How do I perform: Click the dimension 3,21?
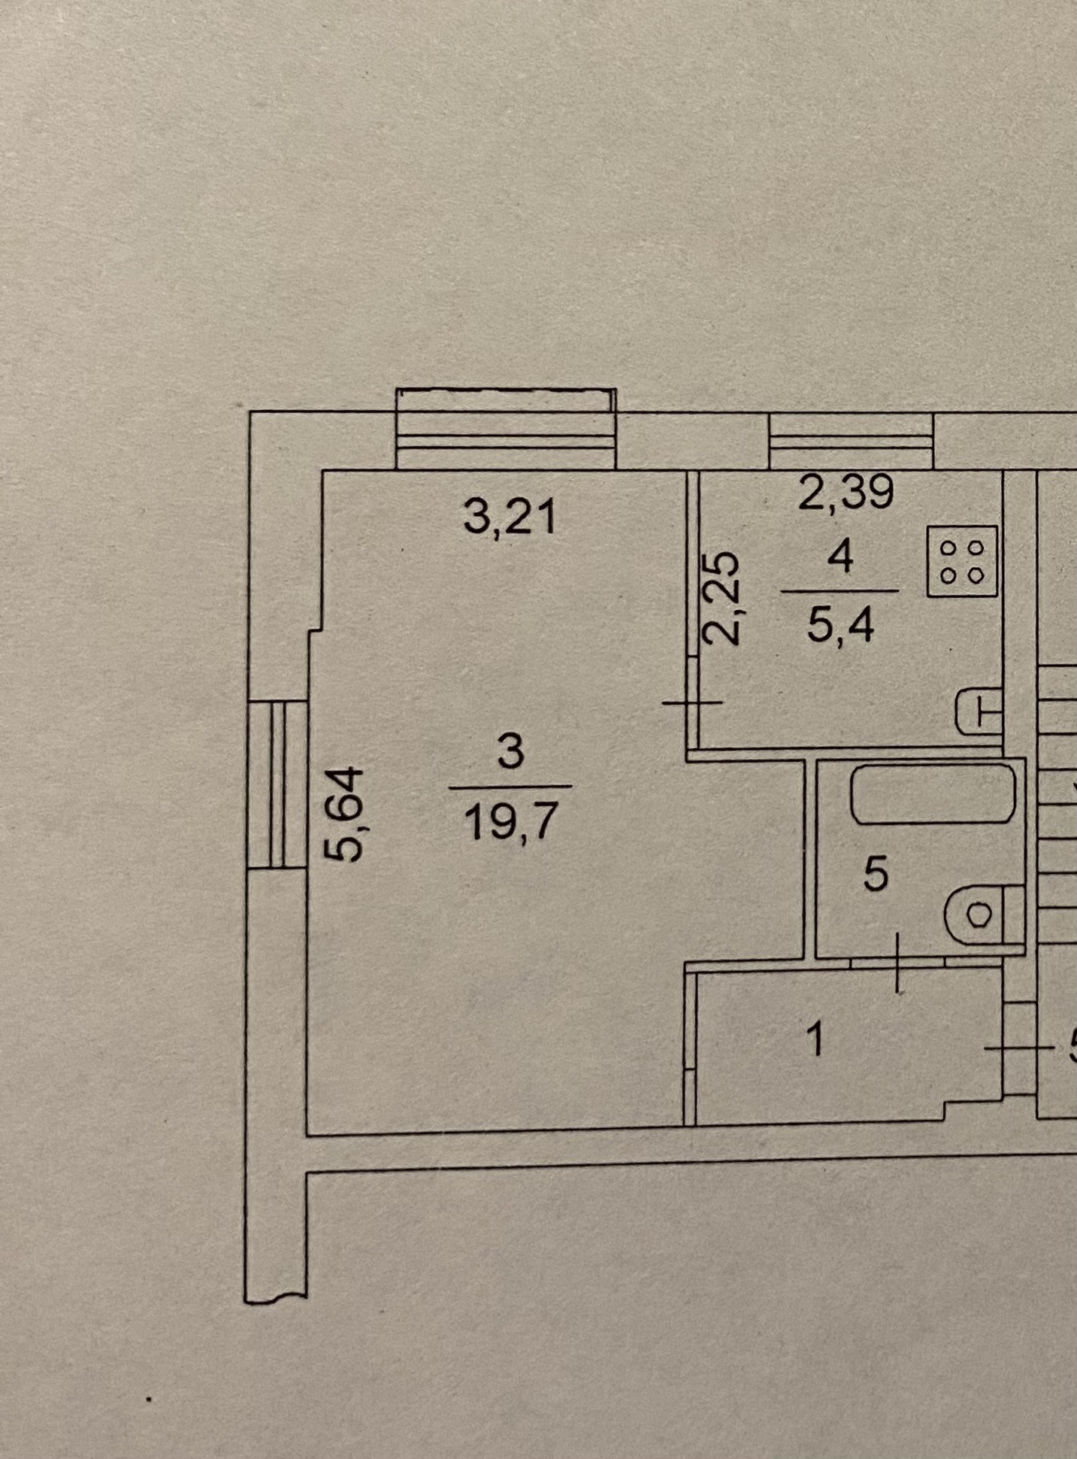510,517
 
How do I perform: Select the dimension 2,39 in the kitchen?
846,493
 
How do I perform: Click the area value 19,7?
510,820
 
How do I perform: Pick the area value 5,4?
840,624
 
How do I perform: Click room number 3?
510,751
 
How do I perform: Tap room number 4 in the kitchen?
840,558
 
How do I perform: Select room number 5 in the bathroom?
876,874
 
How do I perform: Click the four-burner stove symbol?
962,561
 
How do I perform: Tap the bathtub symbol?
933,794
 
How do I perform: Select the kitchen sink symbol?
978,711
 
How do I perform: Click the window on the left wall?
277,784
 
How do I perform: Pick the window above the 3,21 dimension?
506,429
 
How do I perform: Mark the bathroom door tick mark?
897,962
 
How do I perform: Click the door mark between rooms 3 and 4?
692,702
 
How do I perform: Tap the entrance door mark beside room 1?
1019,1048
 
